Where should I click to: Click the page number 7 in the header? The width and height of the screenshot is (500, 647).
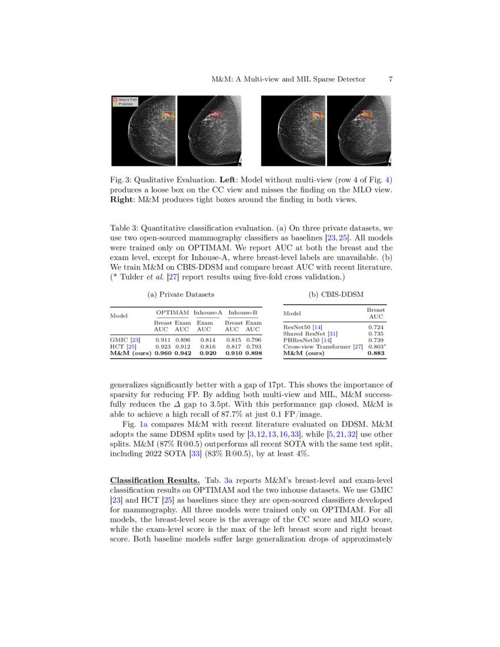pyautogui.click(x=390, y=79)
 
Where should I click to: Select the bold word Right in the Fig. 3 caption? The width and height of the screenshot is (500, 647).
pyautogui.click(x=124, y=200)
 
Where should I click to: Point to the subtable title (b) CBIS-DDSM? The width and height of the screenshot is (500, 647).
pyautogui.click(x=334, y=294)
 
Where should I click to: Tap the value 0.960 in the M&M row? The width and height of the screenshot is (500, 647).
pyautogui.click(x=162, y=353)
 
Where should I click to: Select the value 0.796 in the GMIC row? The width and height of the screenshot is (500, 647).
pyautogui.click(x=254, y=340)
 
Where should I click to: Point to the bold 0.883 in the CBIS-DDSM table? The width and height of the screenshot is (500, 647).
pyautogui.click(x=375, y=353)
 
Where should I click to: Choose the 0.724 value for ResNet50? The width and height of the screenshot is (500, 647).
pyautogui.click(x=375, y=327)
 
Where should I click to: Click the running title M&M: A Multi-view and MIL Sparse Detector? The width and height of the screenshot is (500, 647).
pyautogui.click(x=288, y=79)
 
